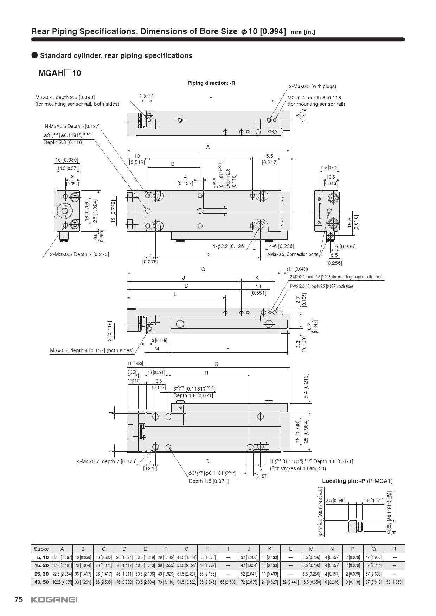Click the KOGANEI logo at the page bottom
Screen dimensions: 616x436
pyautogui.click(x=54, y=599)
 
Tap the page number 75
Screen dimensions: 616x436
pyautogui.click(x=19, y=599)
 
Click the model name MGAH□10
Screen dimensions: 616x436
pyautogui.click(x=60, y=73)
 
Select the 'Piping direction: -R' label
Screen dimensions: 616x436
pyautogui.click(x=211, y=83)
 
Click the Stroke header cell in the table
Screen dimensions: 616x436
pyautogui.click(x=41, y=549)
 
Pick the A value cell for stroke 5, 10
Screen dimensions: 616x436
pyautogui.click(x=62, y=557)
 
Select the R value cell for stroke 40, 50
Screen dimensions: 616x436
pyautogui.click(x=394, y=582)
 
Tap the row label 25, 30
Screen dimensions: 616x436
pyautogui.click(x=41, y=574)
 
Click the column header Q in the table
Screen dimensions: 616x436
pyautogui.click(x=373, y=549)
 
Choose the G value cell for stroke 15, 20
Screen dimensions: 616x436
pyautogui.click(x=186, y=565)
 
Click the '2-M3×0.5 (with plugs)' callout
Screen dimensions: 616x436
pyautogui.click(x=312, y=86)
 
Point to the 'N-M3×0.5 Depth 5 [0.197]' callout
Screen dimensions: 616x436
pyautogui.click(x=72, y=126)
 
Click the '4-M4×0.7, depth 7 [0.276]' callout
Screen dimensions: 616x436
pyautogui.click(x=107, y=461)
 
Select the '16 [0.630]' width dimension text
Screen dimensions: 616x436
pyautogui.click(x=67, y=160)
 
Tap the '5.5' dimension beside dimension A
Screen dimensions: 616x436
pyautogui.click(x=269, y=156)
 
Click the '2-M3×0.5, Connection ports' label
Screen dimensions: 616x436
pyautogui.click(x=292, y=254)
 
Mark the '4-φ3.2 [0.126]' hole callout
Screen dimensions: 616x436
pyautogui.click(x=229, y=246)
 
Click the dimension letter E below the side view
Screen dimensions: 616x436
pyautogui.click(x=228, y=349)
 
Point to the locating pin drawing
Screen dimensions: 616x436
pyautogui.click(x=355, y=526)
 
